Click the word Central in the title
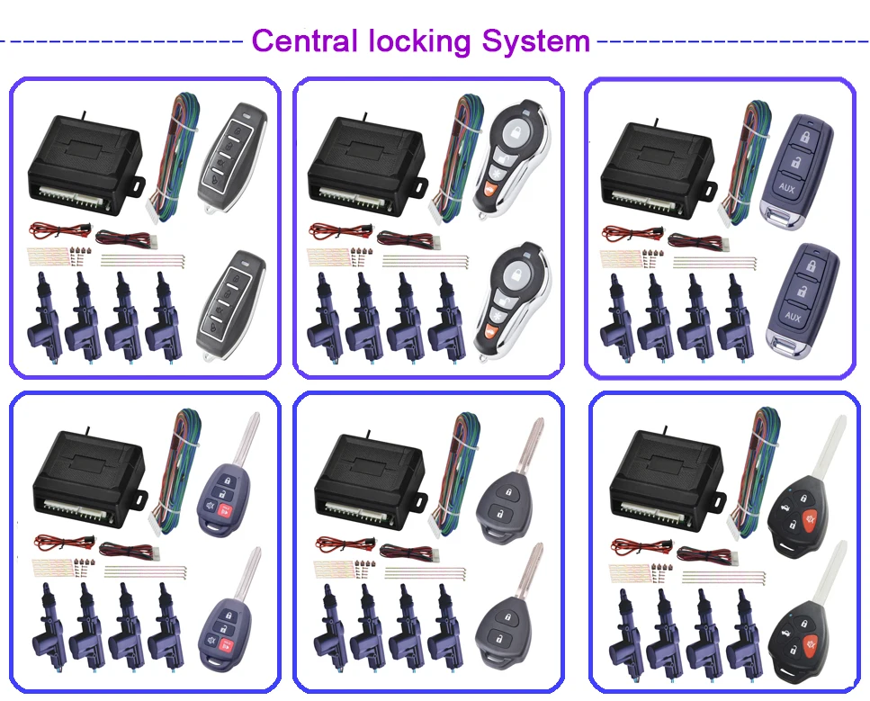pyautogui.click(x=301, y=41)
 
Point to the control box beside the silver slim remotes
pyautogui.click(x=83, y=166)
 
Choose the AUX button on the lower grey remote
pyautogui.click(x=793, y=317)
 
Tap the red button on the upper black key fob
pyautogui.click(x=811, y=520)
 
